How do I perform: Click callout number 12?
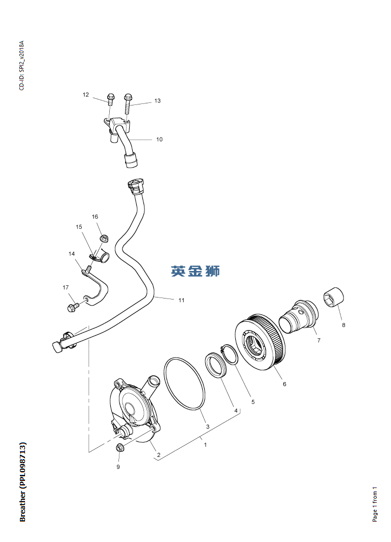[86, 95]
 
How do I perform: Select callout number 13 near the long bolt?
[157, 101]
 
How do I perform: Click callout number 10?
[159, 139]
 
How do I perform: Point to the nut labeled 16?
[104, 237]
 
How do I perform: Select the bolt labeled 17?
[71, 307]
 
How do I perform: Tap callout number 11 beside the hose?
[181, 300]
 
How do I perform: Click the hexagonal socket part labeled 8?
[335, 298]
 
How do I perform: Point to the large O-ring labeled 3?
[184, 383]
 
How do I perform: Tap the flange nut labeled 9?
[120, 448]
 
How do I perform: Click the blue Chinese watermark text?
[196, 271]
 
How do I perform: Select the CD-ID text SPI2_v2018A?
[21, 66]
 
